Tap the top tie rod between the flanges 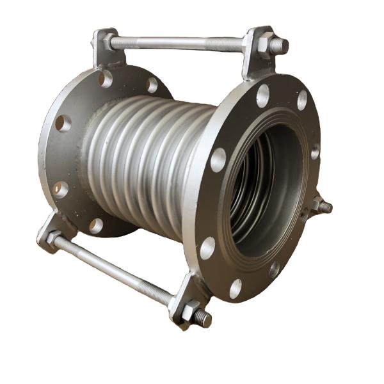point(179,44)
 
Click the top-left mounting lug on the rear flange point(106,47)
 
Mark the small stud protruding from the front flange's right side point(323,206)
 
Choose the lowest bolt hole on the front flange point(236,289)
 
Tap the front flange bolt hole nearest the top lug point(263,95)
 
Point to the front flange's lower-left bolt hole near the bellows point(207,247)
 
